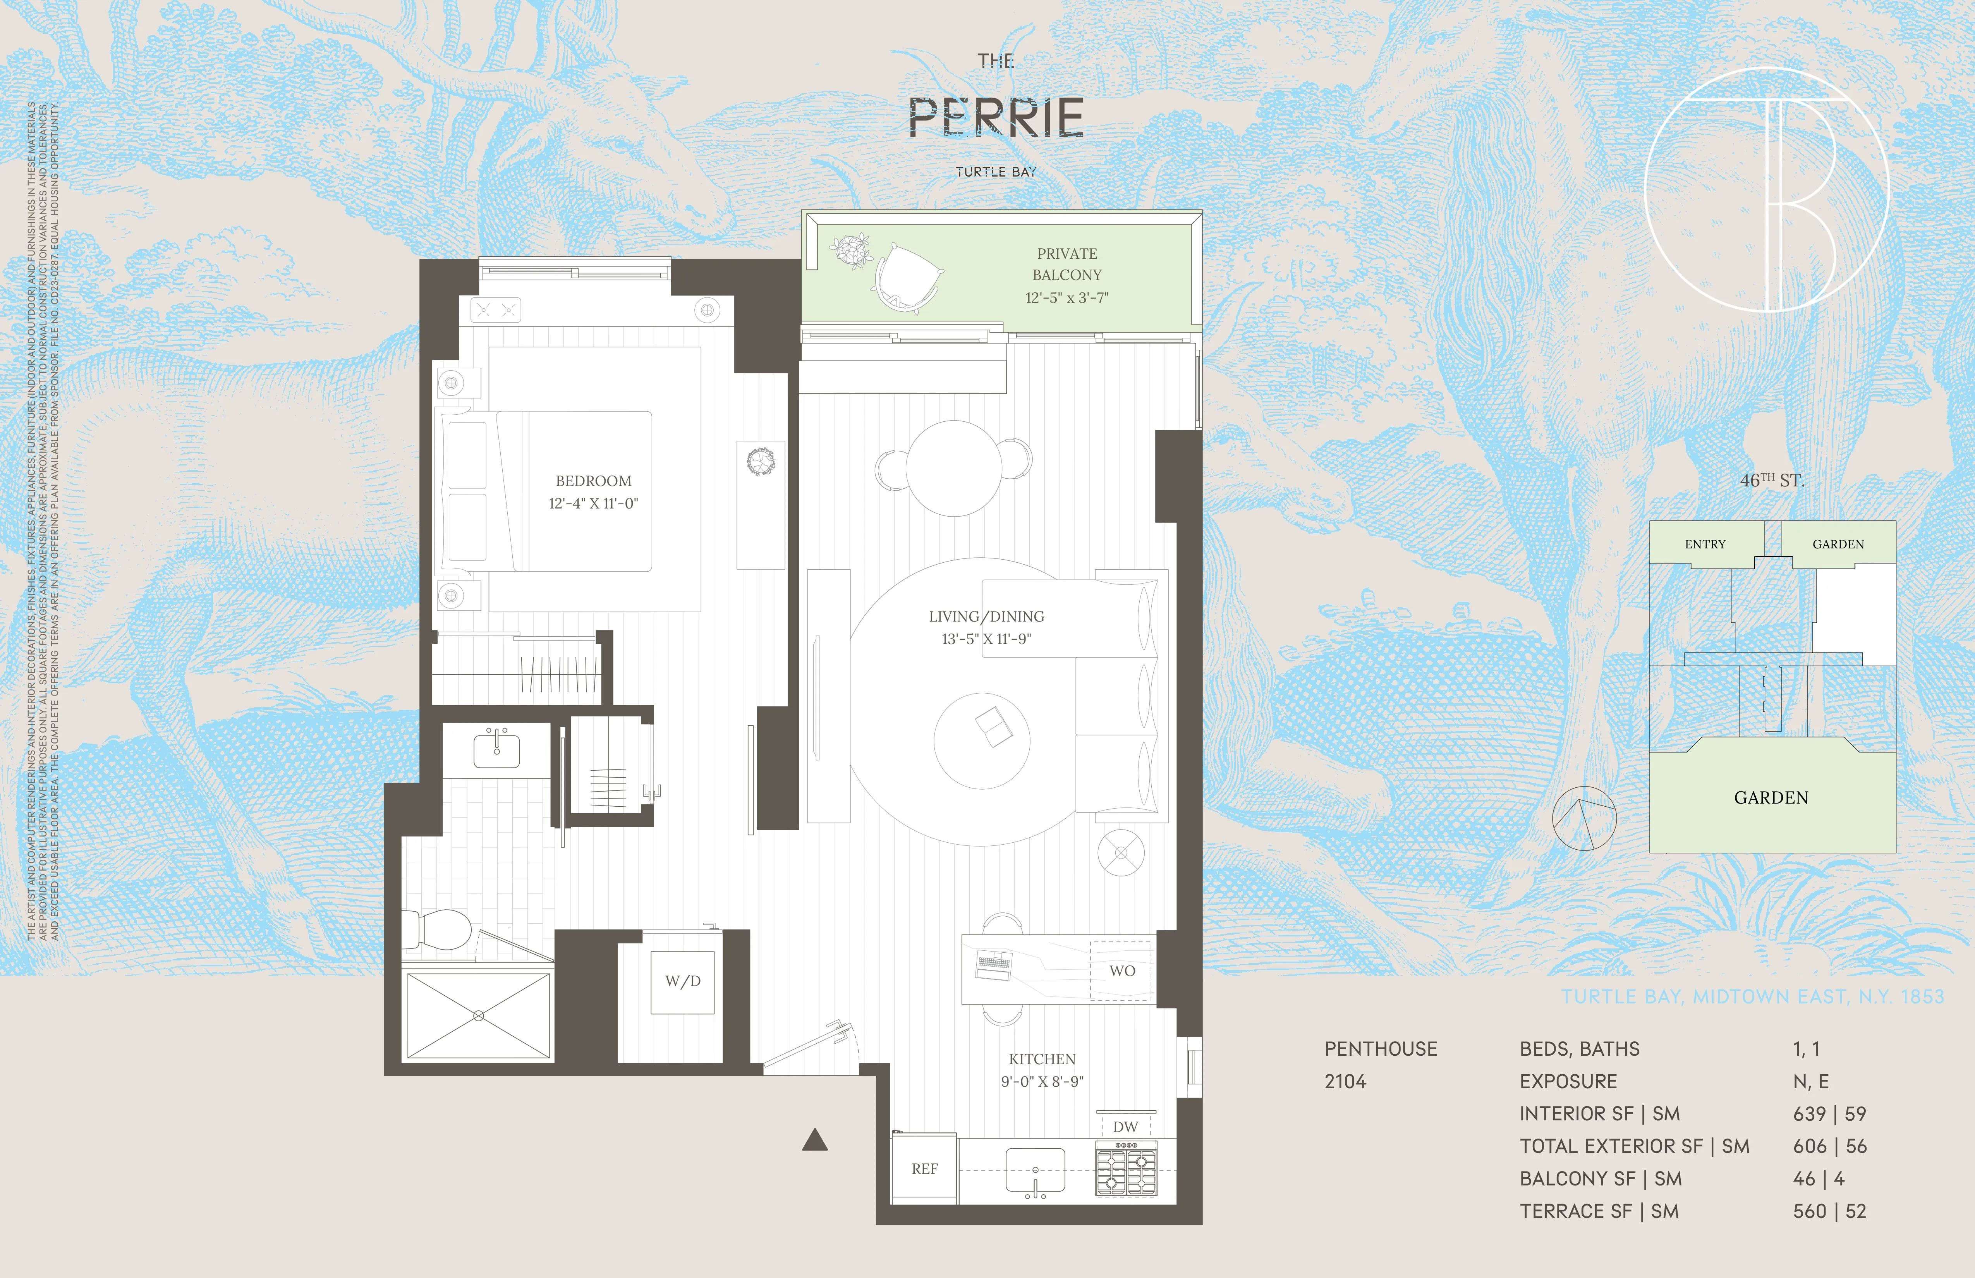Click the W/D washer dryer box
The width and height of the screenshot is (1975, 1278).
pos(682,982)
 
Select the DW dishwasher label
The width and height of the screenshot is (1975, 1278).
pos(1125,1126)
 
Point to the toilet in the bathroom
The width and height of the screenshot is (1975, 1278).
pos(440,928)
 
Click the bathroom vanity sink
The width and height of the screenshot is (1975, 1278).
pos(496,750)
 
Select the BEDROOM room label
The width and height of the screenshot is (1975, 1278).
pos(593,481)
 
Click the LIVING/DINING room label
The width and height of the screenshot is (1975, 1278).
pos(986,617)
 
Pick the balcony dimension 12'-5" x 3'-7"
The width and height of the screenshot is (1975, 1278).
pos(1066,298)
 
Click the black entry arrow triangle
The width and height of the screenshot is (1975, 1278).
pos(815,1141)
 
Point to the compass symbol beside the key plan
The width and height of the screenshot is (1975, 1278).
pos(1583,818)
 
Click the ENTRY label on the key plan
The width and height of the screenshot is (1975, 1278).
pos(1704,545)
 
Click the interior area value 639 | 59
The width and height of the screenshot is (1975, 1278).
pos(1829,1114)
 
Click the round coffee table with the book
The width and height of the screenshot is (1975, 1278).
pos(982,740)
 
